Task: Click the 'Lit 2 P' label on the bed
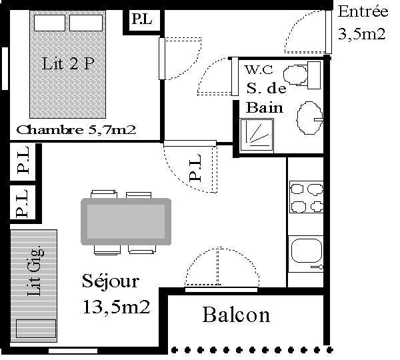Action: coord(68,63)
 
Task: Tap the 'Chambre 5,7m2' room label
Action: coord(76,130)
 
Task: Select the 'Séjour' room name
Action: coord(111,281)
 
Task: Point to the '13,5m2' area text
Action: coord(117,307)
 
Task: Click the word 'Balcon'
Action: coord(236,315)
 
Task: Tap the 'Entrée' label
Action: coord(363,11)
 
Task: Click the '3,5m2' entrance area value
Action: coord(362,33)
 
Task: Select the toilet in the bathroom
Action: coord(302,75)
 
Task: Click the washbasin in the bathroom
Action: coord(310,118)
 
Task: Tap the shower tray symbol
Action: coord(257,135)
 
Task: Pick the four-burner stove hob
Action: coord(307,197)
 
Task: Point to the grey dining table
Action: coord(126,221)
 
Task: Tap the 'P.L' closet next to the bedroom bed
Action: coord(142,19)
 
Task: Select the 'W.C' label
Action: coord(259,69)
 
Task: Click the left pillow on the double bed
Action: coord(49,23)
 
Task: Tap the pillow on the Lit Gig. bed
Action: coord(36,329)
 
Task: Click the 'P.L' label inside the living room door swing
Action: coord(195,168)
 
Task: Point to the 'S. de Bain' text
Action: coord(265,98)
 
